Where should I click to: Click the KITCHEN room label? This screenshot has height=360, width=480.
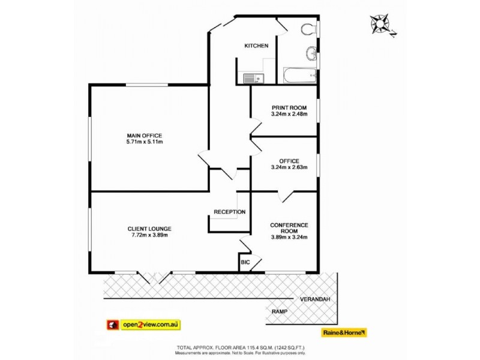256,46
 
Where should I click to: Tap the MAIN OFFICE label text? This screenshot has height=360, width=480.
144,135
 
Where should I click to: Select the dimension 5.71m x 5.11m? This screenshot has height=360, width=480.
144,142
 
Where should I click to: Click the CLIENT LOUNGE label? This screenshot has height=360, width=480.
149,229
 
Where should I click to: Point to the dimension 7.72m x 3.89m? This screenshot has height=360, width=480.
149,235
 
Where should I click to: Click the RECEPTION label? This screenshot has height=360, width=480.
230,212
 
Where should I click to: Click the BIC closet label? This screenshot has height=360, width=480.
245,262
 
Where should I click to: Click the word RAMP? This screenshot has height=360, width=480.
279,311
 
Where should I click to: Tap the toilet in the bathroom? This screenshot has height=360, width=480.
308,29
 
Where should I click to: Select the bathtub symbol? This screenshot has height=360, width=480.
299,76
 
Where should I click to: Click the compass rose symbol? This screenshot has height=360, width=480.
380,25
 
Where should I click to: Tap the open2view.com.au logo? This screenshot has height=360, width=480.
143,325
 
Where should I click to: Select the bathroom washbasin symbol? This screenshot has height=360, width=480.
310,54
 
